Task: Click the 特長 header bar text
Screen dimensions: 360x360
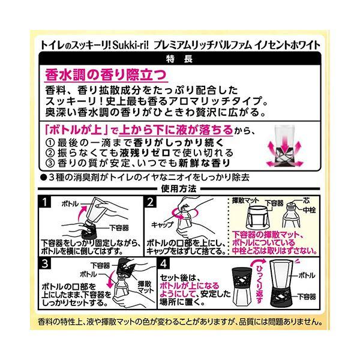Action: (179, 59)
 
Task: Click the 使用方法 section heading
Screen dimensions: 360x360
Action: (179, 189)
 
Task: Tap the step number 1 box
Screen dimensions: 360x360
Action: (45, 202)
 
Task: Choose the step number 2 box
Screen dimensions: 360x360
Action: (151, 202)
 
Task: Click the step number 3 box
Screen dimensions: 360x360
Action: (45, 263)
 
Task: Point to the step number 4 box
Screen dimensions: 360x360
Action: (164, 263)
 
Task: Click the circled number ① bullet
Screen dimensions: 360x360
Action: (50, 143)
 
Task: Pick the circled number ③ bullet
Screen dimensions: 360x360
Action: (50, 163)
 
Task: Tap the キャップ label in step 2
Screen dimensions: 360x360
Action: (163, 224)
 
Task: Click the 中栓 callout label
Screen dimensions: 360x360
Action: (309, 210)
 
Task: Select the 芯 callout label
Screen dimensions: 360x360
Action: (306, 200)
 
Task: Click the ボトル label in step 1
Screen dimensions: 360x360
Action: (70, 204)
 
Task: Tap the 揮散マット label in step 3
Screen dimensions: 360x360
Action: (146, 287)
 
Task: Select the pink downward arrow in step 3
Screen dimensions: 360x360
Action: (111, 278)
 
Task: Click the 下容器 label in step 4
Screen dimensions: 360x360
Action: (307, 296)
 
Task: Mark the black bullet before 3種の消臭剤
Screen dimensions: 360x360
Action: (43, 177)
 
